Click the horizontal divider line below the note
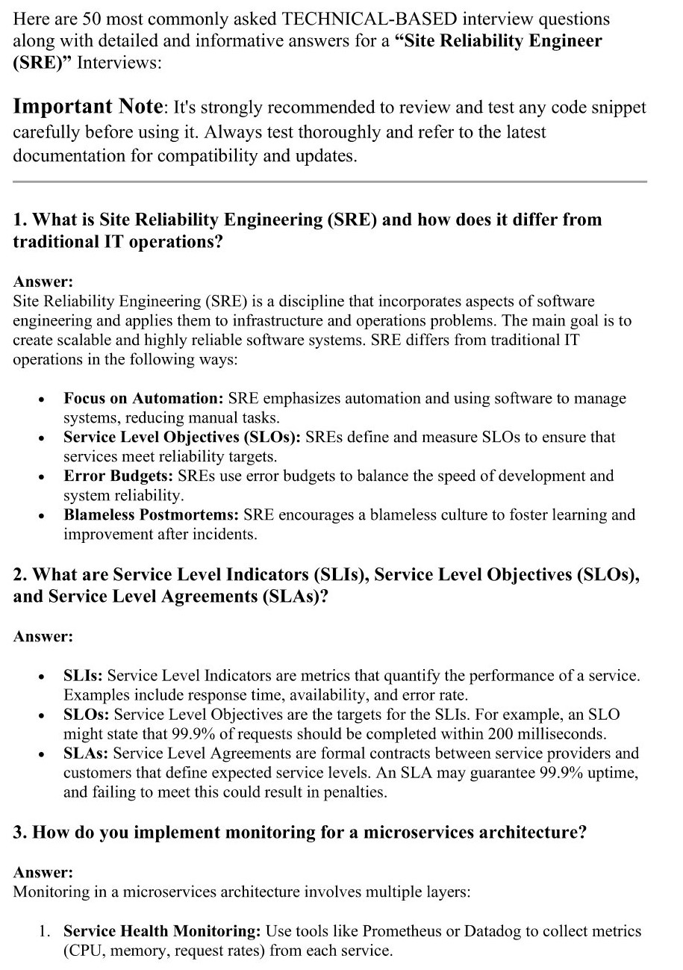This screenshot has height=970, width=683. pos(329,181)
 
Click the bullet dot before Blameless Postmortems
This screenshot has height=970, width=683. pos(40,516)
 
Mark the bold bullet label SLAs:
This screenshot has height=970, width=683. pos(86,753)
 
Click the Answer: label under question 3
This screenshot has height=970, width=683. pos(43,871)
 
